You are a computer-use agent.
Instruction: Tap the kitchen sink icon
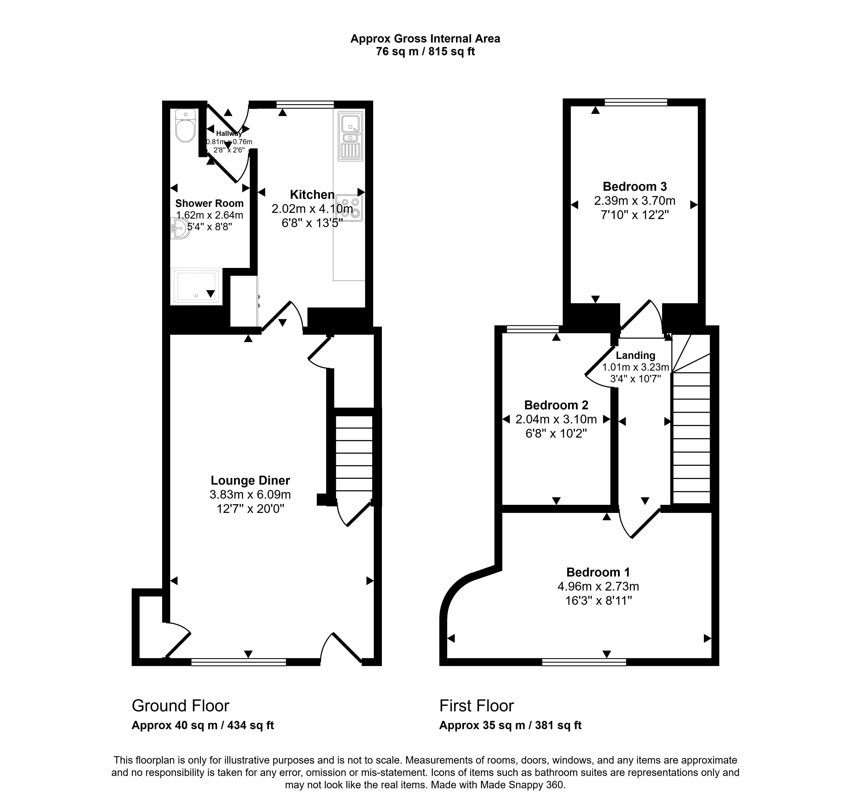pos(350,136)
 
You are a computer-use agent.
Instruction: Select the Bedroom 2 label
pos(556,405)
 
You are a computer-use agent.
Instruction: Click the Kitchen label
pos(312,195)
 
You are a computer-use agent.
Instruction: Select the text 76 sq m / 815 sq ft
pos(425,52)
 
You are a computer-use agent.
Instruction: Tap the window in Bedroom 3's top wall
pos(636,102)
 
